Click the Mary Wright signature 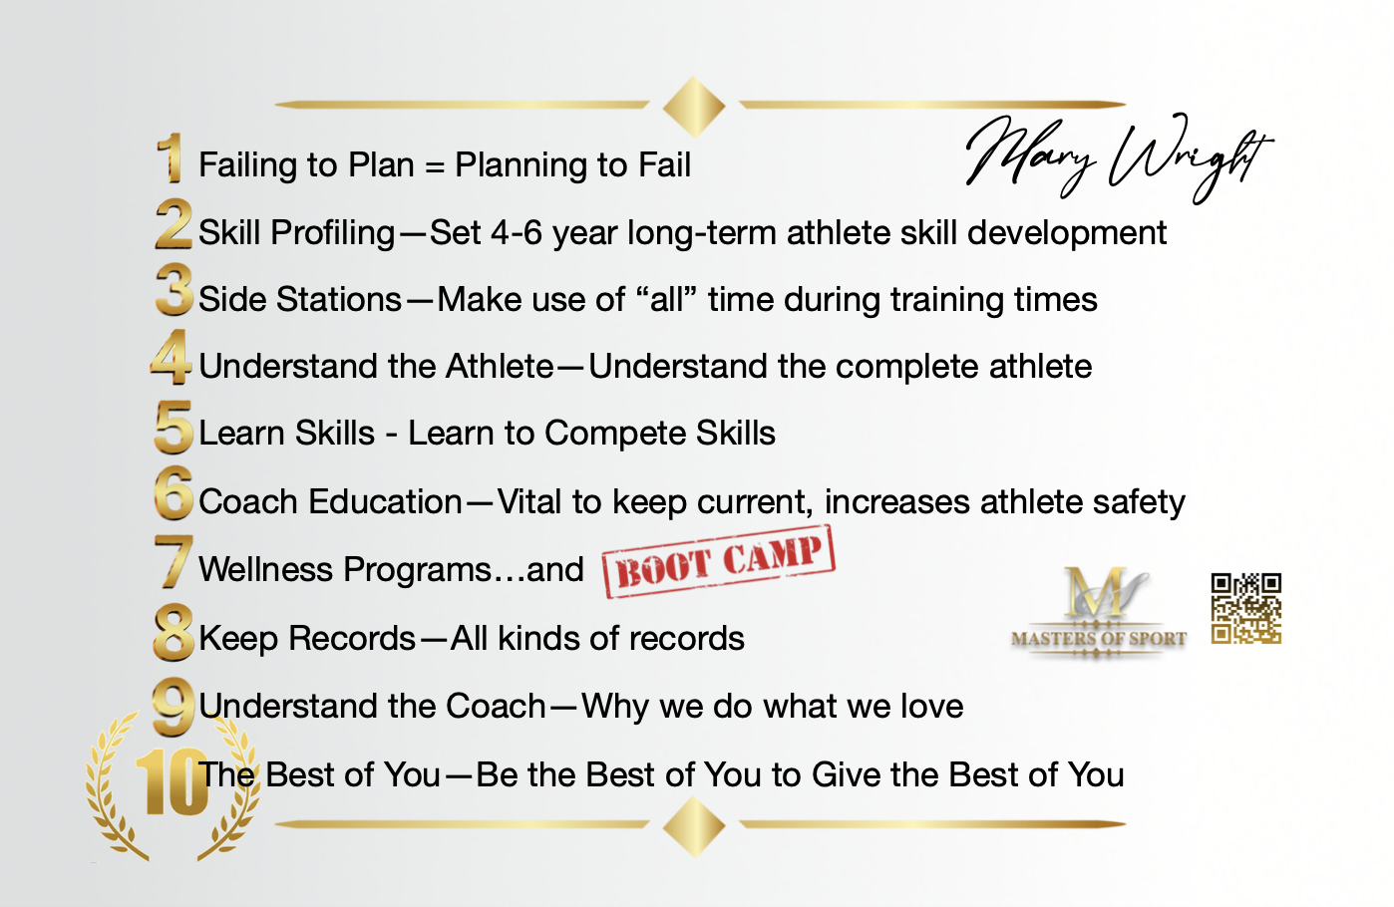[1120, 158]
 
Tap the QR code [1245, 608]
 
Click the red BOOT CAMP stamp [719, 562]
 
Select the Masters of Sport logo [1099, 612]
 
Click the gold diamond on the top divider [694, 106]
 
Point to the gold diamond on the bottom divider [694, 826]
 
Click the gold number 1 [170, 158]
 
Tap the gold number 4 [171, 357]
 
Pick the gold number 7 [174, 561]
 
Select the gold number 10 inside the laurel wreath [171, 782]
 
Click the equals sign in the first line [435, 166]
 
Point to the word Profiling [333, 234]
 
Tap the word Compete [615, 434]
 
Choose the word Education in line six [385, 501]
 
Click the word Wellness [265, 569]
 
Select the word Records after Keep [352, 638]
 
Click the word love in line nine [932, 706]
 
